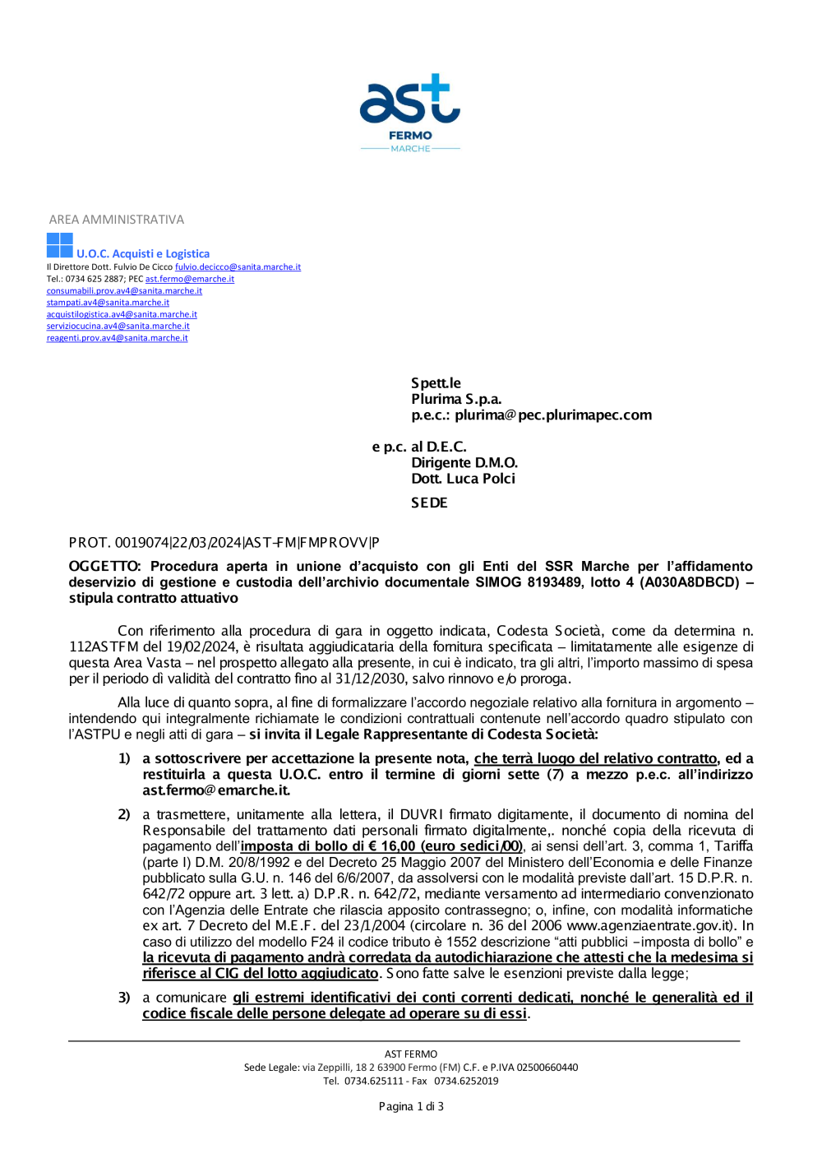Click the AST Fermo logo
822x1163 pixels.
point(410,113)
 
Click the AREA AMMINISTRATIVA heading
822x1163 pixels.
point(117,220)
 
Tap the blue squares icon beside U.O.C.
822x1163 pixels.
point(60,245)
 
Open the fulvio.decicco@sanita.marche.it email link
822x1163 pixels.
point(238,267)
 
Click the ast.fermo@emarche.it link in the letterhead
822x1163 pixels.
point(190,279)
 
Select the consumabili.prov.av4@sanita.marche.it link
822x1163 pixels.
point(124,291)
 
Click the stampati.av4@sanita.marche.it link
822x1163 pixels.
point(108,303)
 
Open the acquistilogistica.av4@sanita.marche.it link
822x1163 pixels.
point(122,314)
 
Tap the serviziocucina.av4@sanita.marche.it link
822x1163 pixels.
point(118,327)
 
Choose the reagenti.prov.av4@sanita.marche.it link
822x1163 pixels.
point(117,338)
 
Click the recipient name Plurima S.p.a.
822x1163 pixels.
point(456,399)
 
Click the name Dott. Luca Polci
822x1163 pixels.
point(464,479)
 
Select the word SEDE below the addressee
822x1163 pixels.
point(429,503)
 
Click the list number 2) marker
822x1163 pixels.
point(124,814)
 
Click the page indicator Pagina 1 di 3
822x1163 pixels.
point(411,1106)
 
